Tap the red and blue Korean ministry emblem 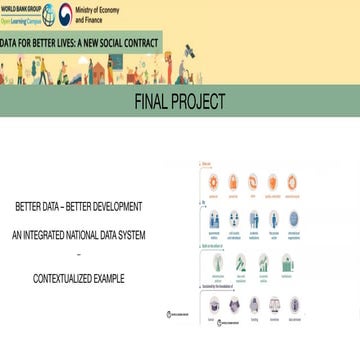point(66,14)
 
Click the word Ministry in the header point(88,9)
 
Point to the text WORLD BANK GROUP point(20,9)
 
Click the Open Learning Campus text point(20,19)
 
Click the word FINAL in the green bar point(156,101)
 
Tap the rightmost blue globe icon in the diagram point(294,218)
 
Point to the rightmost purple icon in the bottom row point(294,305)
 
